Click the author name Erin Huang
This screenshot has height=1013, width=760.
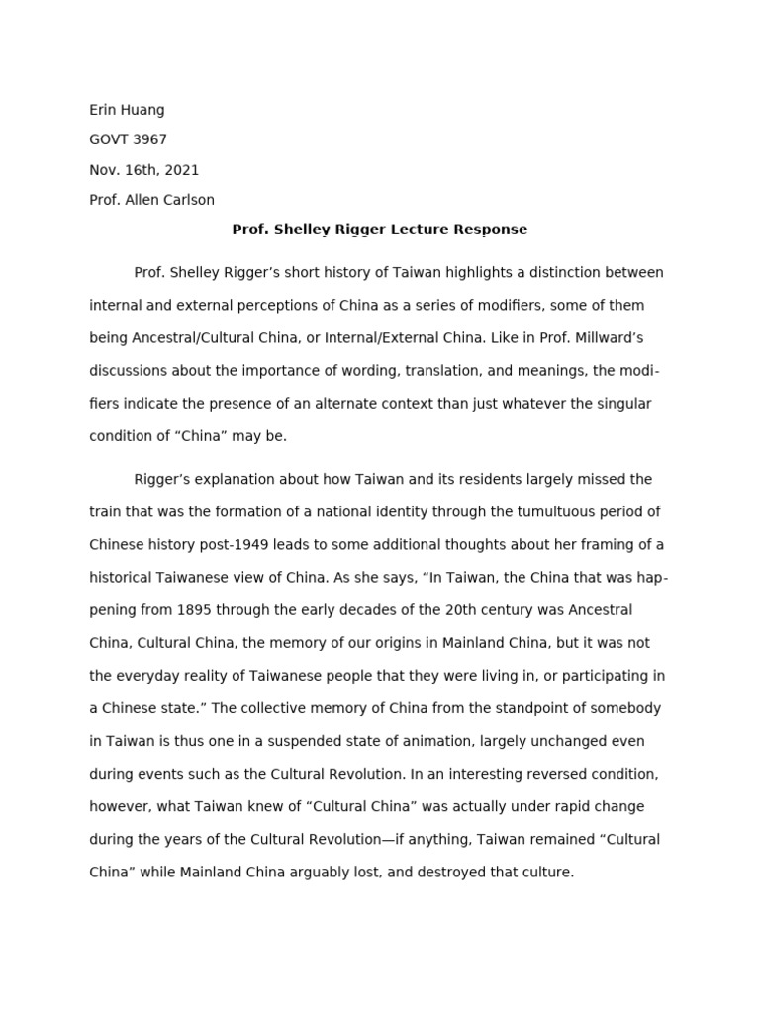tap(127, 110)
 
